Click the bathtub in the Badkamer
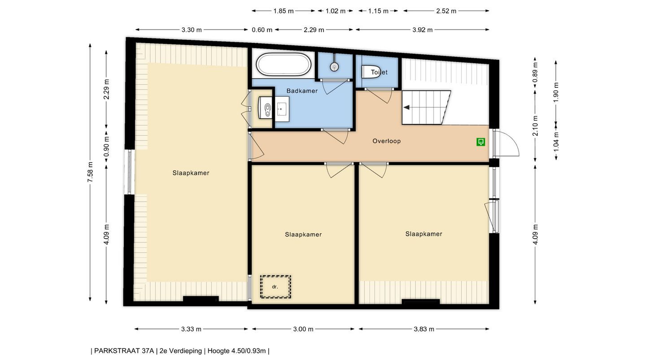[284, 64]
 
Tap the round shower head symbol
[334, 67]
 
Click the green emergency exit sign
[480, 142]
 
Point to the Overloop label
[386, 141]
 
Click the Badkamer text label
[302, 91]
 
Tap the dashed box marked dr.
[275, 287]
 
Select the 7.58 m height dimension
[90, 172]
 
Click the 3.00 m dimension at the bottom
[303, 329]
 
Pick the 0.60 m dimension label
[262, 30]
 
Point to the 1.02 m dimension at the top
[336, 11]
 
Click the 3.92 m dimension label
[423, 30]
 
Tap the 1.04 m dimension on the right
[556, 141]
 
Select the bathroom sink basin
[282, 109]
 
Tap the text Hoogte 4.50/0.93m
[236, 351]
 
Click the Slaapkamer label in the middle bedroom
[303, 234]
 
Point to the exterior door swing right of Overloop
[506, 143]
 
